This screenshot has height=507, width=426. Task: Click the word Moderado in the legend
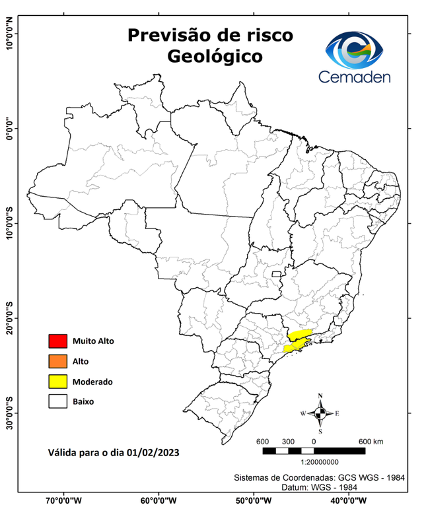coord(92,382)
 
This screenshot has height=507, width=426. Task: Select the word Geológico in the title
coord(214,57)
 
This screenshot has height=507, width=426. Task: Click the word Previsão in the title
coord(166,34)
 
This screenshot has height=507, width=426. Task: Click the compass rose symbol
coord(320,413)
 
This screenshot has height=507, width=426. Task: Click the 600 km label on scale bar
coord(371,441)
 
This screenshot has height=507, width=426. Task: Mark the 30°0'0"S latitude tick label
coord(9,413)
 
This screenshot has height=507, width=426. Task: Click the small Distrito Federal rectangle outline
coord(275,273)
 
